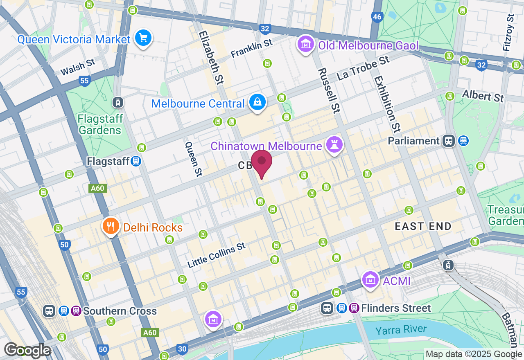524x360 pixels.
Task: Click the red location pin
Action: point(262,162)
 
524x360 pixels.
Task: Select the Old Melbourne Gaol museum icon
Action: point(305,45)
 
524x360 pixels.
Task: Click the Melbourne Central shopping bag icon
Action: point(257,103)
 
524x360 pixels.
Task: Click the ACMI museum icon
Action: point(370,281)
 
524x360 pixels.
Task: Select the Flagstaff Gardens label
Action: point(100,124)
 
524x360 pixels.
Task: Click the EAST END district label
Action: point(423,226)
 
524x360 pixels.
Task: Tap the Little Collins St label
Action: point(217,255)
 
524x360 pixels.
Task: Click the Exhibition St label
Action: point(386,104)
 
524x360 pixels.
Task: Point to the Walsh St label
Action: point(77,67)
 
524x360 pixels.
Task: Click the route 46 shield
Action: point(377,17)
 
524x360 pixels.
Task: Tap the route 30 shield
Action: point(182,349)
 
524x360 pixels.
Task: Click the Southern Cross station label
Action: point(120,311)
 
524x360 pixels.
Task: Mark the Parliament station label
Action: point(413,141)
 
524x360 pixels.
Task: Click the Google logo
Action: point(27,351)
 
